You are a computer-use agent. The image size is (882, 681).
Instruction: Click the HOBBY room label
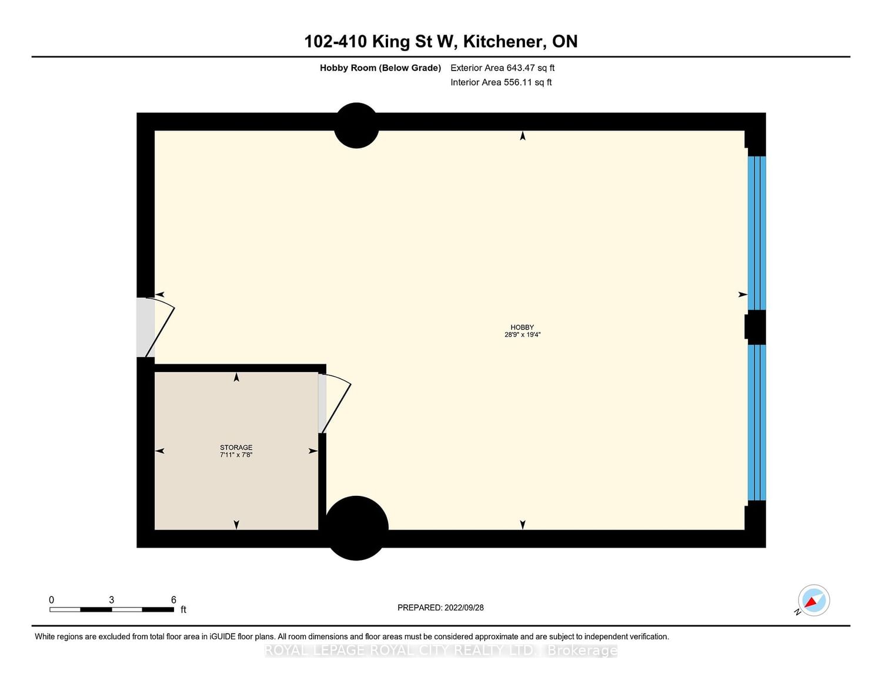pyautogui.click(x=522, y=327)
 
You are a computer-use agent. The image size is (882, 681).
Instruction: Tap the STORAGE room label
pyautogui.click(x=236, y=447)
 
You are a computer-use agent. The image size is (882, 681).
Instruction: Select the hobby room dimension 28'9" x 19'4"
pyautogui.click(x=522, y=334)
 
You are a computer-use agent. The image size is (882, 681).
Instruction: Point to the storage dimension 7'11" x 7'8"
pyautogui.click(x=236, y=455)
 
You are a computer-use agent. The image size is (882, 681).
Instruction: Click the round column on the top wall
pyautogui.click(x=356, y=125)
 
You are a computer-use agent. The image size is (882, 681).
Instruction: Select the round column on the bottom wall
pyautogui.click(x=356, y=528)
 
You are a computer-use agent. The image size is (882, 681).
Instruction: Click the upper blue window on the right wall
pyautogui.click(x=757, y=233)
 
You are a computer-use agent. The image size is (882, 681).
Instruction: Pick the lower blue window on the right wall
pyautogui.click(x=757, y=422)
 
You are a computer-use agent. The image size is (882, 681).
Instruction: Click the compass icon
pyautogui.click(x=813, y=601)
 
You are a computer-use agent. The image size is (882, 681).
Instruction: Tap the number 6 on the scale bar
pyautogui.click(x=173, y=599)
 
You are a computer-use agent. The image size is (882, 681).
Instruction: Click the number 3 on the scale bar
pyautogui.click(x=111, y=599)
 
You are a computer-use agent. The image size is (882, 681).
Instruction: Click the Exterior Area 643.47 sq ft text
pyautogui.click(x=503, y=68)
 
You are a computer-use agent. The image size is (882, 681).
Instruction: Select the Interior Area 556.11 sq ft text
pyautogui.click(x=502, y=82)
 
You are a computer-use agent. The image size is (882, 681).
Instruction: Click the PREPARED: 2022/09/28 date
pyautogui.click(x=440, y=608)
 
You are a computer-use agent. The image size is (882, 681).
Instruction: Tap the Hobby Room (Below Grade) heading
pyautogui.click(x=380, y=68)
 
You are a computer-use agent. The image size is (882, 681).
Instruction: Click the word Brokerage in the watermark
pyautogui.click(x=583, y=650)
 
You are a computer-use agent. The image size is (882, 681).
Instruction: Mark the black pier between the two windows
pyautogui.click(x=756, y=327)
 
